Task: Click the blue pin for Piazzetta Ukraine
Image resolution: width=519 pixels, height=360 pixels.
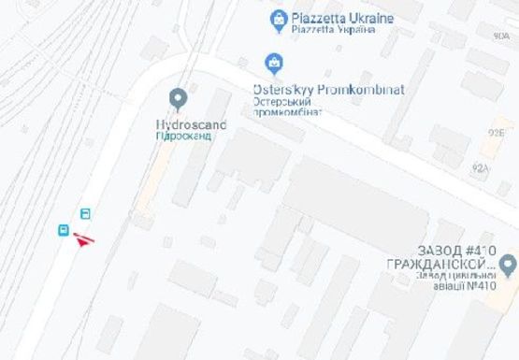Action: click(x=278, y=17)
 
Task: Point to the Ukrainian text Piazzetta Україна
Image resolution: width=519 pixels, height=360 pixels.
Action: click(x=333, y=29)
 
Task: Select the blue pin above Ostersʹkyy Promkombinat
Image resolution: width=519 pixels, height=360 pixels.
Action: click(x=274, y=64)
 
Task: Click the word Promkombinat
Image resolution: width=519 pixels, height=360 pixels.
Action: click(x=360, y=89)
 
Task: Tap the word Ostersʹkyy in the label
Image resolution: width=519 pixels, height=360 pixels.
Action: click(x=284, y=89)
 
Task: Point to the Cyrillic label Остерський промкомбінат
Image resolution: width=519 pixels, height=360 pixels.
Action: click(x=288, y=106)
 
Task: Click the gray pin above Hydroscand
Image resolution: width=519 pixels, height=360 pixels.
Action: click(x=178, y=97)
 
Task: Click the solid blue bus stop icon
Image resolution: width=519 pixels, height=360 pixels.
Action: click(x=64, y=230)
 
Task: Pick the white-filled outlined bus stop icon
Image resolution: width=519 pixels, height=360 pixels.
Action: click(x=85, y=213)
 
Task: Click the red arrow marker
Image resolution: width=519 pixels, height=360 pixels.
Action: click(x=84, y=240)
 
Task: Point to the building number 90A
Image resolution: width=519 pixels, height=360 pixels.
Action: click(x=501, y=35)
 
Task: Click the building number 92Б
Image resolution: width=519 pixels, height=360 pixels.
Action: click(x=495, y=134)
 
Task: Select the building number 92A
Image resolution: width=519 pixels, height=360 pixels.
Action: click(x=481, y=168)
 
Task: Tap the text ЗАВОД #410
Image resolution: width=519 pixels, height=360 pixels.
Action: click(x=455, y=250)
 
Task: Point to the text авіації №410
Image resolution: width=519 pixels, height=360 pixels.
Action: click(x=460, y=286)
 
